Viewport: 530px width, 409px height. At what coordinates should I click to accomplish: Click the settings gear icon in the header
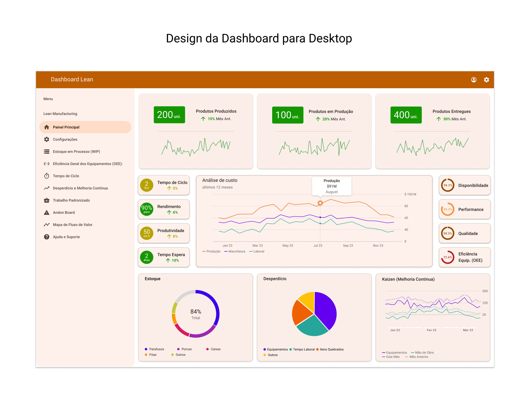486,80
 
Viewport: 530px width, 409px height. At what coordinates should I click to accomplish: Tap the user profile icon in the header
474,80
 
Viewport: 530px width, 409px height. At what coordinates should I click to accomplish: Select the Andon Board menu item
64,212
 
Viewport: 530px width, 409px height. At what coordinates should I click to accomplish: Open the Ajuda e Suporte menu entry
66,237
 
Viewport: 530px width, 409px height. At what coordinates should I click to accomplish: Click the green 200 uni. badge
169,115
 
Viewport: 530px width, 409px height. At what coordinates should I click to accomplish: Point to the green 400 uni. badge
406,115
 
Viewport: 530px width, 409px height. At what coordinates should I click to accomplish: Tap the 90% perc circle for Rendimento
147,209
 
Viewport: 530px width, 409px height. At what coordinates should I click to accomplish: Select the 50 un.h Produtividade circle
147,233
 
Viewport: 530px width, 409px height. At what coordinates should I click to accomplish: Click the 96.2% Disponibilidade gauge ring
448,185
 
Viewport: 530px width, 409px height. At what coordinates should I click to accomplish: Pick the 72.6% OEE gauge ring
448,257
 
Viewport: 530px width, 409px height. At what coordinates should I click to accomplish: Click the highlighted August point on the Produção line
320,203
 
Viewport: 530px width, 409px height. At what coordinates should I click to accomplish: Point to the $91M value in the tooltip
332,186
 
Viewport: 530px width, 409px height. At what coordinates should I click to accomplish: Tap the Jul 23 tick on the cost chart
318,246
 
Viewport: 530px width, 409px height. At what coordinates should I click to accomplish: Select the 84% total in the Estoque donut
196,312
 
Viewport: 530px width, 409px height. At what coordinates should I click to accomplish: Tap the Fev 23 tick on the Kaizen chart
431,330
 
